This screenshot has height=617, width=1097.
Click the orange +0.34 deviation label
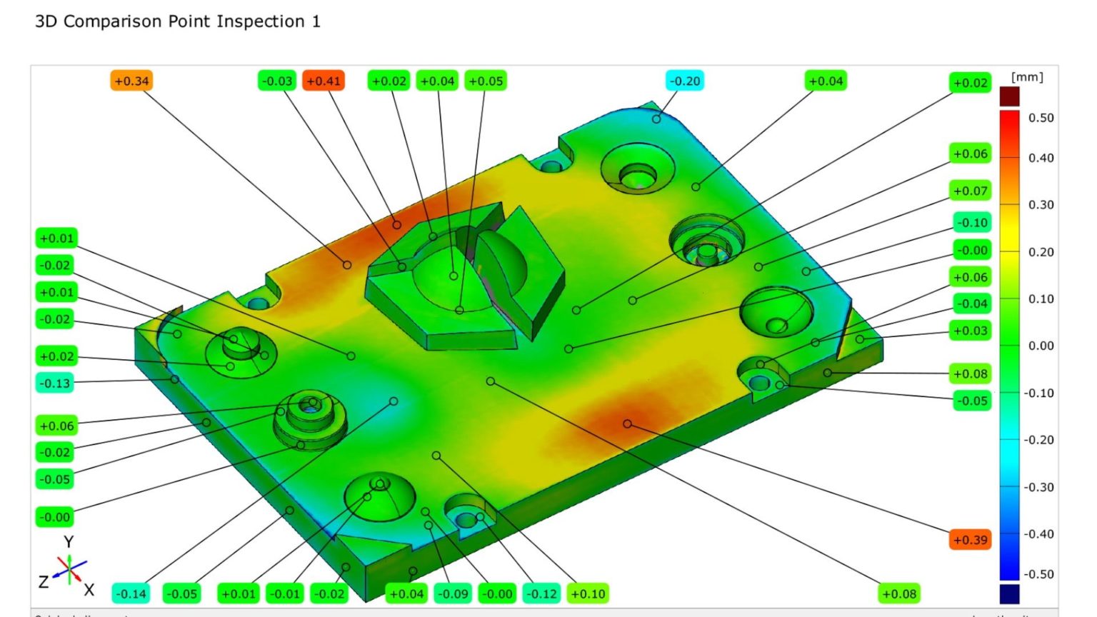coord(131,81)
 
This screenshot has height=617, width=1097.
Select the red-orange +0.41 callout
coord(324,81)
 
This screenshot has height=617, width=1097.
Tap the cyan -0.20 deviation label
coord(685,81)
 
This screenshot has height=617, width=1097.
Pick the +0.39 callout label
coord(971,539)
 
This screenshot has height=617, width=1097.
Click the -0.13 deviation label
coord(55,383)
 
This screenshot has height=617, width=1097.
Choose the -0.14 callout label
coord(131,593)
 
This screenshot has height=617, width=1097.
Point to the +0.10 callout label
coord(588,593)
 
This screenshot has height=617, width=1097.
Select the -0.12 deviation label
coord(542,593)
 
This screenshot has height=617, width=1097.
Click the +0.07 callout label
coord(971,191)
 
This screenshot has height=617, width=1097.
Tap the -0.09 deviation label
coord(453,593)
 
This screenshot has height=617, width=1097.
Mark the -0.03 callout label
coord(277,81)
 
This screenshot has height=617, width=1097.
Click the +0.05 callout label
coord(486,81)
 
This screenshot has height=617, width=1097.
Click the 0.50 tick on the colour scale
coord(1041,118)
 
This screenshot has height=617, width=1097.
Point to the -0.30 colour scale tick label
coord(1038,487)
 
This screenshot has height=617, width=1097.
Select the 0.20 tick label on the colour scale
coord(1041,252)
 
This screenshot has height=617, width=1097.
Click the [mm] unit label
coord(1027,77)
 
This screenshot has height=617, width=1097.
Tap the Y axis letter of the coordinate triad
coord(69,542)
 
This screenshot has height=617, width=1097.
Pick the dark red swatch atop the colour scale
coord(1009,96)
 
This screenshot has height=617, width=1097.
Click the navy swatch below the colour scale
coord(1009,593)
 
